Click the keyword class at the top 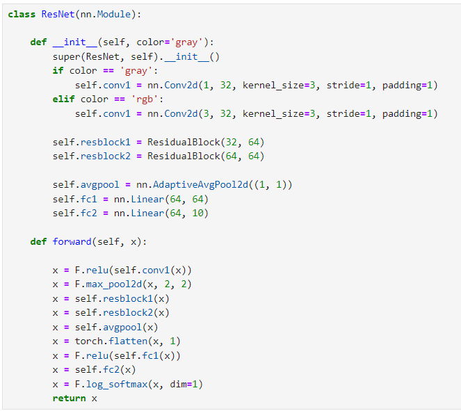(x=22, y=14)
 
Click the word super (x=66, y=56)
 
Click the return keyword (x=69, y=398)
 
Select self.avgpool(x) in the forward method (x=116, y=327)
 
